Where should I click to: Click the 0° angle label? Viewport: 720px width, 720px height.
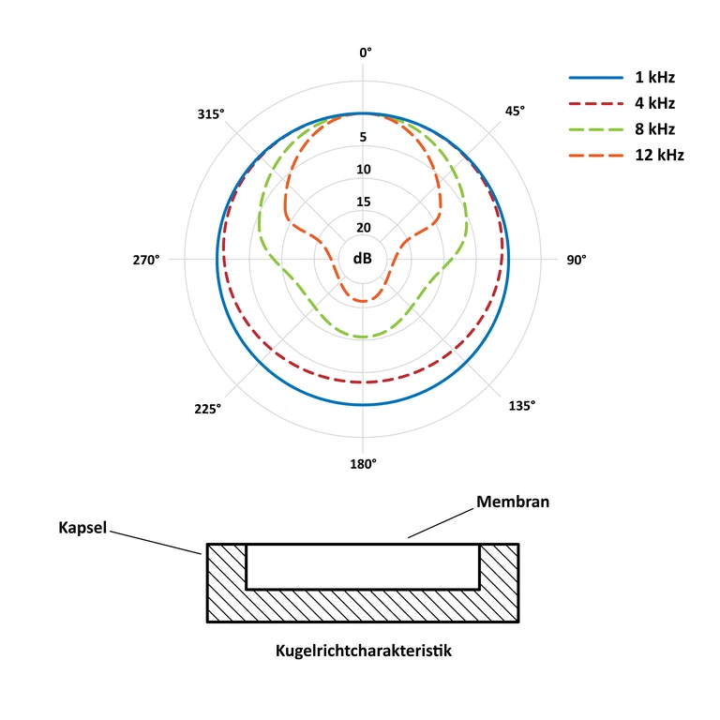[x=366, y=52]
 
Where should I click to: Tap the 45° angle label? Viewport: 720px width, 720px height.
[x=515, y=112]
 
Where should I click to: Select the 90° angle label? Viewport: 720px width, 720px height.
[x=577, y=260]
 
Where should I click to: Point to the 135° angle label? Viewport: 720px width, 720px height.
[x=522, y=406]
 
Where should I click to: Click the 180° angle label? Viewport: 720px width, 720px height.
[x=363, y=464]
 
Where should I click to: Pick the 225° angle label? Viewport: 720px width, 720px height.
[x=207, y=409]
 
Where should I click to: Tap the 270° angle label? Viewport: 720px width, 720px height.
[x=146, y=260]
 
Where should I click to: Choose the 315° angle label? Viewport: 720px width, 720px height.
[x=211, y=113]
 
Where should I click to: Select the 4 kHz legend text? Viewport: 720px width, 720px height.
[x=654, y=103]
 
